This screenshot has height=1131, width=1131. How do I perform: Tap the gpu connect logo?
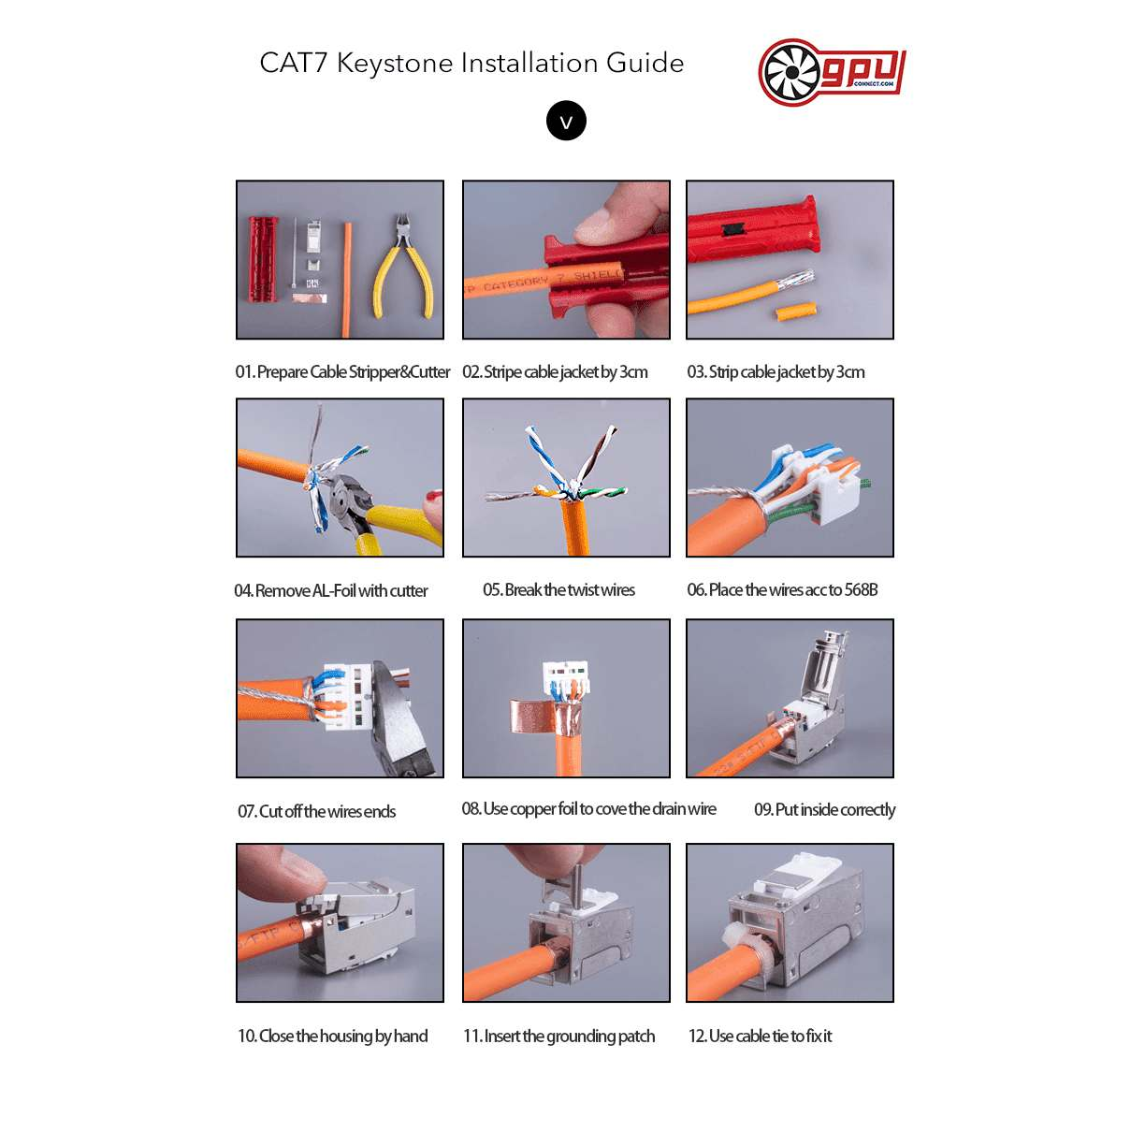pos(832,72)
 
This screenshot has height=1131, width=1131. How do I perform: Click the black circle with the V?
pos(566,121)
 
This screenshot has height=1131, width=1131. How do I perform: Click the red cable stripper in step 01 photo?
pos(263,260)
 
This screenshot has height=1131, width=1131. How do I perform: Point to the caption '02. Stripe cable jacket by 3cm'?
pos(555,372)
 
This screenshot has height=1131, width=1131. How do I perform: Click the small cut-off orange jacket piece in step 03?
pos(796,312)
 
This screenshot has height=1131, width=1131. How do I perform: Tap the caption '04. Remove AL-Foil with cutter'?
pos(331,590)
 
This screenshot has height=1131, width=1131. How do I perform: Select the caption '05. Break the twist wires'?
pos(558,590)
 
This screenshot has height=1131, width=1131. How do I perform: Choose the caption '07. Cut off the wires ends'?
pos(316,811)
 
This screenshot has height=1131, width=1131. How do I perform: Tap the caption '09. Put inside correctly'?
pos(824,810)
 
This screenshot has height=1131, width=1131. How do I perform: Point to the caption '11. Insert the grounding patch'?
pos(558,1036)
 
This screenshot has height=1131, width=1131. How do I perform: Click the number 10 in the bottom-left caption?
pos(246,1036)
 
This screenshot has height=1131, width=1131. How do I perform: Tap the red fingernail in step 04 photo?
pos(434,495)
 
